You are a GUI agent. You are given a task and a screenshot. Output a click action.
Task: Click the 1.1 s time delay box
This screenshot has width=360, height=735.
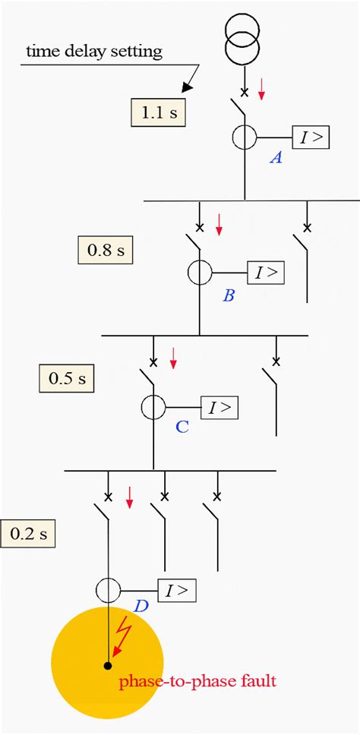click(x=159, y=114)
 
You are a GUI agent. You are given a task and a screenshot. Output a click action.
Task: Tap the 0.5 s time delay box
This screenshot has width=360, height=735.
click(x=66, y=377)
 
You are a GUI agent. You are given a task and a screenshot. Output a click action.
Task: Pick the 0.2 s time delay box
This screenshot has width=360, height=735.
click(x=28, y=533)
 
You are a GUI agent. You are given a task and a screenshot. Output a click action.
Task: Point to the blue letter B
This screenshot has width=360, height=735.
click(x=229, y=295)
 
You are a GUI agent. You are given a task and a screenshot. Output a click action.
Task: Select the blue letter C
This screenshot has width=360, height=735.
click(x=182, y=427)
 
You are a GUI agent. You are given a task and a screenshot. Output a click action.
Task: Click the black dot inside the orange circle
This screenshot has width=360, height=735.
click(x=108, y=666)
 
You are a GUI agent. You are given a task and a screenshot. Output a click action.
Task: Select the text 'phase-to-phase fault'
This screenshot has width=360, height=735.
click(x=197, y=681)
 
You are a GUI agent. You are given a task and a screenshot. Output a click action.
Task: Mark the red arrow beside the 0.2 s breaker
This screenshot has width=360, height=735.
click(x=129, y=497)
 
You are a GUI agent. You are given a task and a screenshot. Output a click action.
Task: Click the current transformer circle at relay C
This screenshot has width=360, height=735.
click(x=153, y=408)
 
